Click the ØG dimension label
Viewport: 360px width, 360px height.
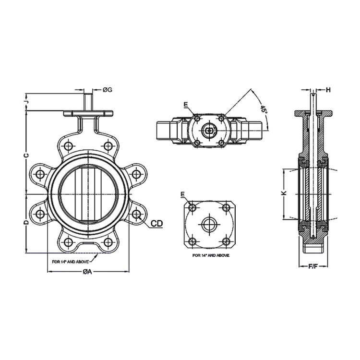tap(107, 90)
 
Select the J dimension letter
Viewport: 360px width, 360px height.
tap(27, 101)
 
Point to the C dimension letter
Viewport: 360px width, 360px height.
tap(27, 155)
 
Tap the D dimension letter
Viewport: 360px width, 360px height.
tap(27, 223)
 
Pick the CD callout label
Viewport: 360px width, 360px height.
tap(156, 223)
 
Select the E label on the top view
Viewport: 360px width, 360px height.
tap(185, 104)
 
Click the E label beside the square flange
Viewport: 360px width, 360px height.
tap(182, 194)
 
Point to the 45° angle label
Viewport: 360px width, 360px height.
tap(264, 109)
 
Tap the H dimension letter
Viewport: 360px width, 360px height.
tap(329, 90)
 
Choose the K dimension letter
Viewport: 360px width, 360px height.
tap(284, 193)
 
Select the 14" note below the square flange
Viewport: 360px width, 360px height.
tap(211, 256)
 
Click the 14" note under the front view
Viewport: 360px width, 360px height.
tap(72, 262)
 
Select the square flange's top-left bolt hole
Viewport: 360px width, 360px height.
tap(193, 207)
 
